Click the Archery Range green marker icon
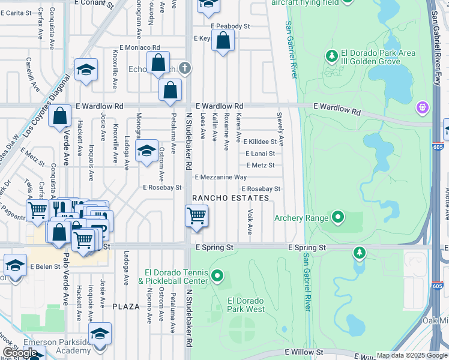(x=337, y=217)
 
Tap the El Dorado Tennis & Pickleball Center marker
(x=217, y=277)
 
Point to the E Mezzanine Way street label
(x=220, y=177)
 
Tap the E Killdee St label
(x=259, y=142)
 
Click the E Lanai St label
(x=261, y=154)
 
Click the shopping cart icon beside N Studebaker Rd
(x=196, y=215)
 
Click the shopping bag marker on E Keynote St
(x=223, y=41)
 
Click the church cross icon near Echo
(x=185, y=68)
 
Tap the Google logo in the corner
(x=20, y=353)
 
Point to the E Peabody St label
(x=230, y=26)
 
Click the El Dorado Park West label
(x=246, y=305)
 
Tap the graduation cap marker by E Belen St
(x=15, y=265)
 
